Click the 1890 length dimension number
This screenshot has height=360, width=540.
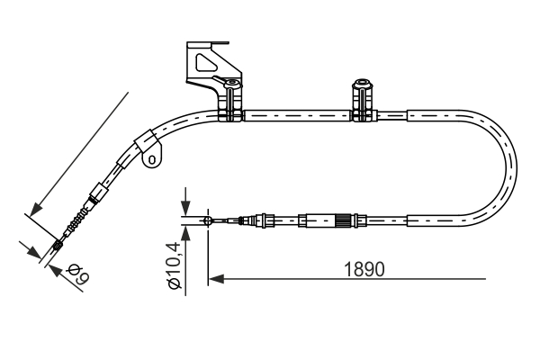(364, 269)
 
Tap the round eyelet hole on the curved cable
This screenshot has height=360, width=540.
(152, 160)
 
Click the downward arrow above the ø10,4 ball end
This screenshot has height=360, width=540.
(184, 207)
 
